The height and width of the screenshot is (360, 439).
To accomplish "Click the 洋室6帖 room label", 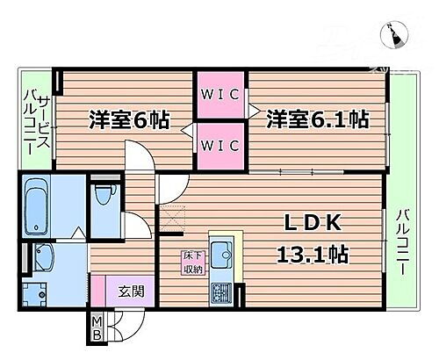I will click(128, 118).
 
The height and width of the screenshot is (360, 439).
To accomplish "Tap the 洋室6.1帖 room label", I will click(318, 118).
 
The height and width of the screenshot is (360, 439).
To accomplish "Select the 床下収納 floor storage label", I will click(191, 263).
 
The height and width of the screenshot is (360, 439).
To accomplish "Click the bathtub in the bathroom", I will click(38, 201).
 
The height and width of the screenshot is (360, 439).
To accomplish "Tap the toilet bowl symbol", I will click(104, 196).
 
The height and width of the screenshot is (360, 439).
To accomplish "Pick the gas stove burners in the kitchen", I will click(219, 292).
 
